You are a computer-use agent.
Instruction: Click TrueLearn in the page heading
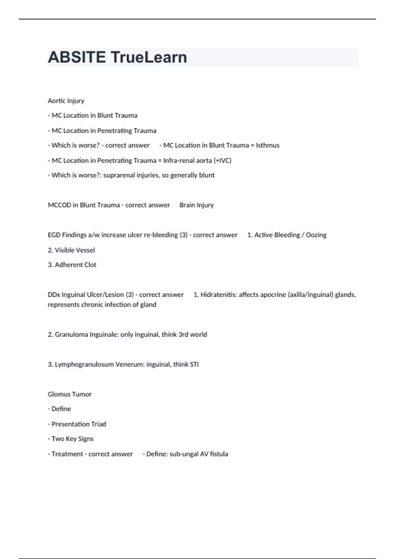pos(149,57)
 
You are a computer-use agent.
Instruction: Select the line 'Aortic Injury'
pos(66,101)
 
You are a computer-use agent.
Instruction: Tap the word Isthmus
pos(268,145)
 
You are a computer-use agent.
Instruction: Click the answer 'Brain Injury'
pos(197,205)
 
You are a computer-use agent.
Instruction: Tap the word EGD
pos(54,235)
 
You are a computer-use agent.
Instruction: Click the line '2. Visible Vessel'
pos(71,250)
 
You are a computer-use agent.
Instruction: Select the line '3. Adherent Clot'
pos(72,265)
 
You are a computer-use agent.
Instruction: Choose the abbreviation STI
pos(194,365)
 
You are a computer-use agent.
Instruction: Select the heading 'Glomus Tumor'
pos(69,394)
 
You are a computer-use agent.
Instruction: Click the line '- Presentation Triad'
pos(77,424)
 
